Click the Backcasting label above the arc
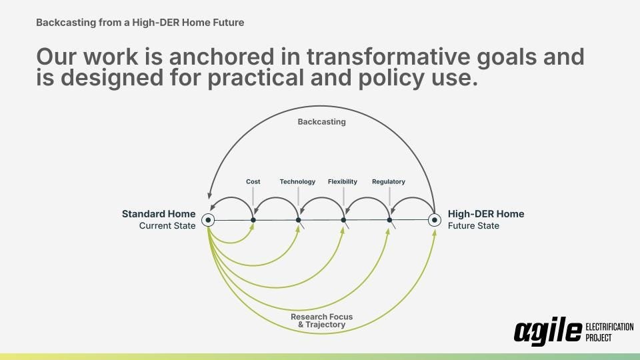pyautogui.click(x=321, y=121)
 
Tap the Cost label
pyautogui.click(x=253, y=181)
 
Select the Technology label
pyautogui.click(x=297, y=181)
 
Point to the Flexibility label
pyautogui.click(x=343, y=181)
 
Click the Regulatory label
pyautogui.click(x=389, y=181)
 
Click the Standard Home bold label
pyautogui.click(x=159, y=214)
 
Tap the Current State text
pyautogui.click(x=167, y=226)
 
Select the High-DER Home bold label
pyautogui.click(x=486, y=214)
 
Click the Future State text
pyautogui.click(x=473, y=226)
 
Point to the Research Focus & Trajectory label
pyautogui.click(x=321, y=321)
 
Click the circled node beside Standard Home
pyautogui.click(x=208, y=220)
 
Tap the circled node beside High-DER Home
pyautogui.click(x=435, y=220)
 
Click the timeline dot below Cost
pyautogui.click(x=253, y=220)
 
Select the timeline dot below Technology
pyautogui.click(x=299, y=220)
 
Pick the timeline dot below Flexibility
pyautogui.click(x=344, y=220)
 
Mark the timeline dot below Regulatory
pyautogui.click(x=390, y=220)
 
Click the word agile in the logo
pyautogui.click(x=548, y=331)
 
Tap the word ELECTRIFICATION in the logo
pyautogui.click(x=609, y=327)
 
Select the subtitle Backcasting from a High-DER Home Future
pyautogui.click(x=140, y=23)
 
